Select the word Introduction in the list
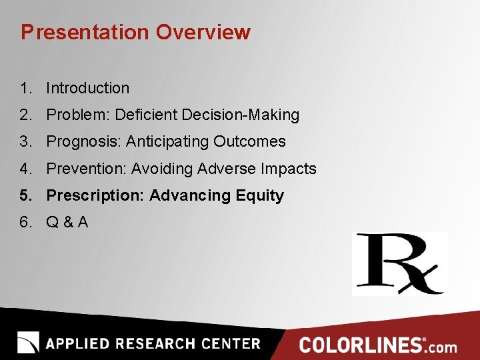point(87,88)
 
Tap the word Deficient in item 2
point(142,115)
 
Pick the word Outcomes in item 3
point(249,141)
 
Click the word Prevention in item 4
point(86,169)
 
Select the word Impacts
point(288,169)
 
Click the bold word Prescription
point(95,195)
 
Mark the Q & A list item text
point(67,222)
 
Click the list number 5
point(25,195)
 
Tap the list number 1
point(25,88)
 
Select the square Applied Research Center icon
point(28,342)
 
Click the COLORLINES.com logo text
point(378,345)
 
